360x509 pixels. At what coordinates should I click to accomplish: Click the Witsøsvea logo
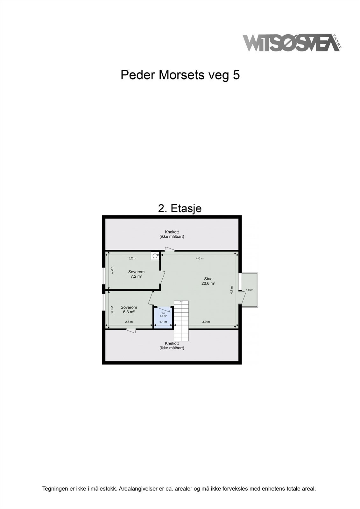[x=291, y=43]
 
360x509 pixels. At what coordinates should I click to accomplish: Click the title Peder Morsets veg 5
[x=180, y=75]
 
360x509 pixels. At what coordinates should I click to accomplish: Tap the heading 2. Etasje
[x=180, y=208]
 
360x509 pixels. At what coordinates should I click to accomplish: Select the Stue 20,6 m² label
[x=208, y=281]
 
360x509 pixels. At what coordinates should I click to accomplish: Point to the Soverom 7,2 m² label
[x=136, y=274]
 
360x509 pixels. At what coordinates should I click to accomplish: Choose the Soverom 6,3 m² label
[x=129, y=310]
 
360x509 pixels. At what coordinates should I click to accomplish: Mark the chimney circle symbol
[x=155, y=255]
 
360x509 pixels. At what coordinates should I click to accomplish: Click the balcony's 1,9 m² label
[x=250, y=290]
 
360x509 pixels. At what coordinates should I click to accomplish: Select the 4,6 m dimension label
[x=200, y=258]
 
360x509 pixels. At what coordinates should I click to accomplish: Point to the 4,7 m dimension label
[x=232, y=290]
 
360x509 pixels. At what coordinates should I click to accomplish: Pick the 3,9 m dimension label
[x=206, y=322]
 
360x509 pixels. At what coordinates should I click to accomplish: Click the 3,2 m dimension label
[x=132, y=258]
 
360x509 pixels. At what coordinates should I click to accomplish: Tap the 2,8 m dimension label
[x=129, y=322]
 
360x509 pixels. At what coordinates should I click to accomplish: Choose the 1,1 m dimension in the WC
[x=163, y=322]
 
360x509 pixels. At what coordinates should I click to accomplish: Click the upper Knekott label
[x=172, y=234]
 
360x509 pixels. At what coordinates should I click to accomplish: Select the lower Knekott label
[x=172, y=345]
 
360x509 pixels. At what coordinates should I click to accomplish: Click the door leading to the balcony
[x=243, y=298]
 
